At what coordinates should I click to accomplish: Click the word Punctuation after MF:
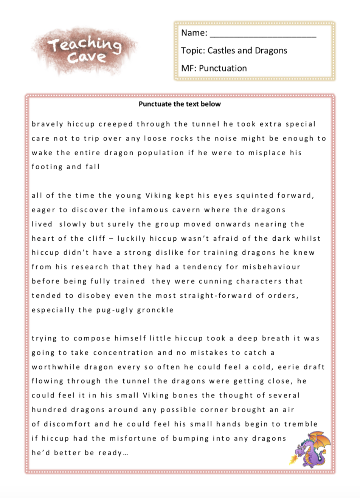click(x=223, y=68)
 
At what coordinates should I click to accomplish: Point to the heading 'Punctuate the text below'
click(x=180, y=104)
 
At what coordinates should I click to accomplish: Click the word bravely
click(x=47, y=124)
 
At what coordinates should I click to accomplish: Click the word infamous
click(x=149, y=210)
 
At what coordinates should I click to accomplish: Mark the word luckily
click(x=131, y=239)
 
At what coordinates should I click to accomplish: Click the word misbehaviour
click(x=271, y=267)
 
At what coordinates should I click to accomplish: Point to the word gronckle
click(x=155, y=310)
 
